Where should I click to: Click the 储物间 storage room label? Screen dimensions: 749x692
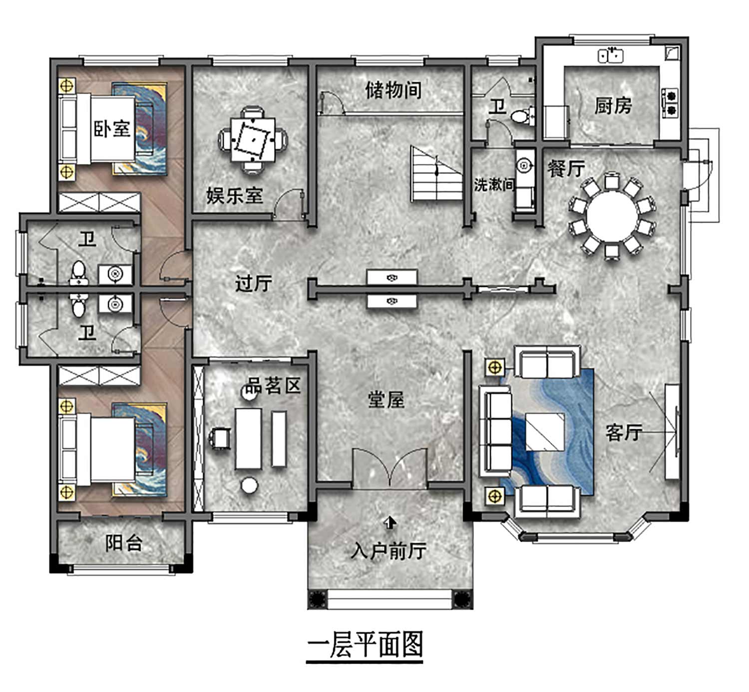click(x=393, y=90)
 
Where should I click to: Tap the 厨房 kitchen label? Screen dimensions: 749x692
click(x=613, y=106)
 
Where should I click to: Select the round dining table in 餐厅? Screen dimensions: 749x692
click(x=612, y=216)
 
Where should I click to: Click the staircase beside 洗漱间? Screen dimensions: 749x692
click(x=437, y=174)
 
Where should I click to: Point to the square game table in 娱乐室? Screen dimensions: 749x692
click(x=253, y=140)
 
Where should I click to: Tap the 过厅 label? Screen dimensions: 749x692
click(x=254, y=283)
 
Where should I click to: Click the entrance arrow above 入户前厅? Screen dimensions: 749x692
click(x=390, y=523)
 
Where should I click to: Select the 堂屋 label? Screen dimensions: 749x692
click(x=386, y=400)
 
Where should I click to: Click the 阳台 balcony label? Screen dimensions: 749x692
click(x=123, y=543)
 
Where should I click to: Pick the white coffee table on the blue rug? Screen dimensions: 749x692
click(x=545, y=432)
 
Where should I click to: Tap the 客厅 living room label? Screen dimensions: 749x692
click(x=624, y=433)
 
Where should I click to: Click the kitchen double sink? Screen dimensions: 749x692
click(x=610, y=56)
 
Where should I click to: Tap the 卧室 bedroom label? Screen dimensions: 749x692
click(x=112, y=129)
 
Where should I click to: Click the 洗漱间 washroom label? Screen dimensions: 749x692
click(x=494, y=184)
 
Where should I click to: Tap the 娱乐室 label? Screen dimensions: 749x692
click(x=234, y=195)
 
